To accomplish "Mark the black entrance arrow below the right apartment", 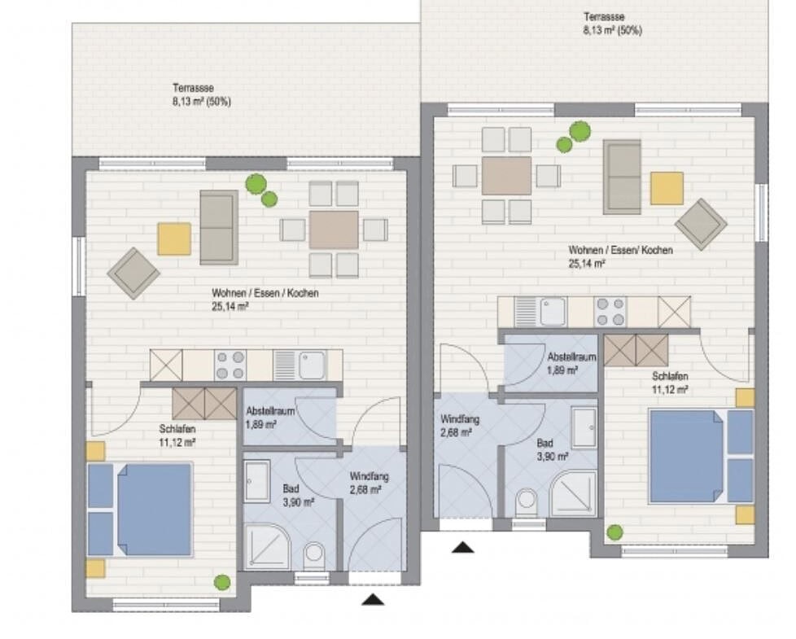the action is (462, 547).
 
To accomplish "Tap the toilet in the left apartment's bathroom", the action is (314, 556).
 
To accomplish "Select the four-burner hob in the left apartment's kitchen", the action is (230, 365).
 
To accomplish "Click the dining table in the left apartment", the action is (334, 230).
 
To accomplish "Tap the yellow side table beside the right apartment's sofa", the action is (667, 188).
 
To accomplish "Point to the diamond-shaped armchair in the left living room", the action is (133, 273).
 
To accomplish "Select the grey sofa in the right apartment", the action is (622, 177).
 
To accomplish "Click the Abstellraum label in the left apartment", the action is (270, 411).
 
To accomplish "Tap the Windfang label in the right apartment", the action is (460, 420).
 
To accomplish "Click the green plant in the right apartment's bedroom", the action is (614, 532).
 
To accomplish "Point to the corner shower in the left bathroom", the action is (266, 547).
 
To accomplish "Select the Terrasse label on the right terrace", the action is (604, 17).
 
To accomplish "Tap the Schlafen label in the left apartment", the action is (177, 429).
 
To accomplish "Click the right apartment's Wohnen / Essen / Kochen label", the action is (620, 250).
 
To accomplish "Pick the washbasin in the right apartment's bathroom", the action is (584, 428).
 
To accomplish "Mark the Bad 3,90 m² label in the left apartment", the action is (298, 496).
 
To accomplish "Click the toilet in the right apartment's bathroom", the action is (527, 501).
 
